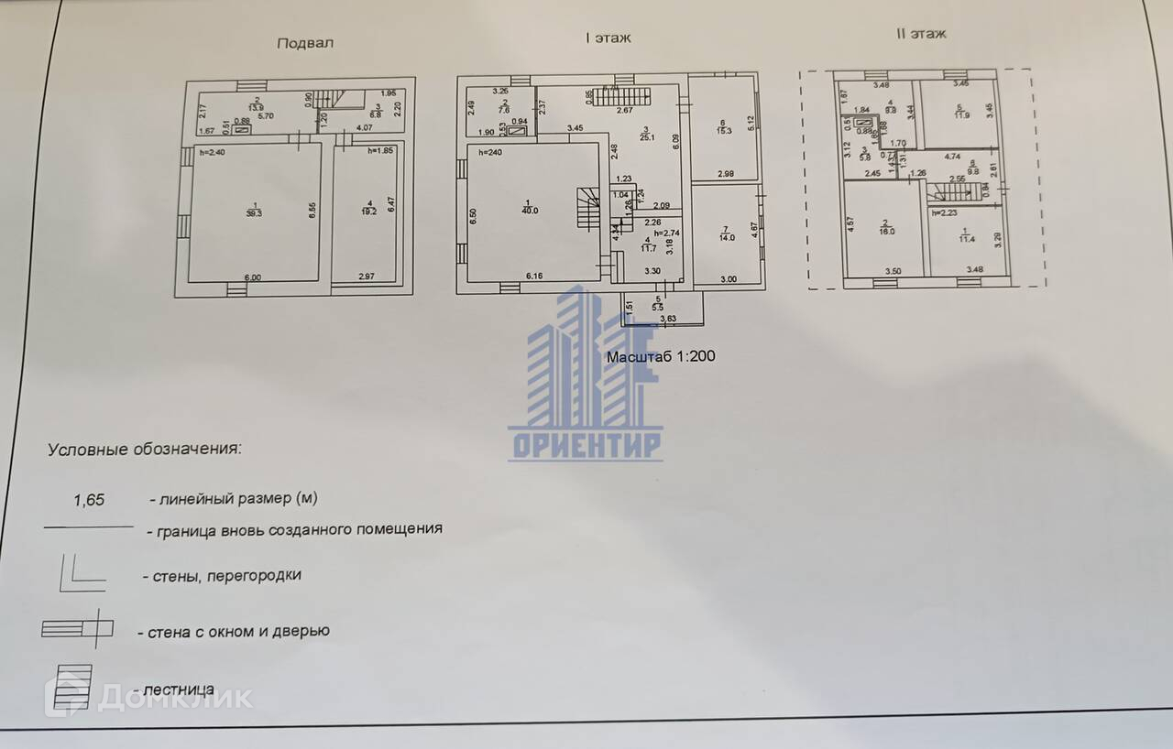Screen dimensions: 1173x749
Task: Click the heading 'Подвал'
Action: click(305, 43)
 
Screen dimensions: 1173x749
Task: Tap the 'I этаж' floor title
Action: click(608, 38)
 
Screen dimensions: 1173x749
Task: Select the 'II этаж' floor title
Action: click(920, 34)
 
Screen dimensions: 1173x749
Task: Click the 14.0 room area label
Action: click(724, 233)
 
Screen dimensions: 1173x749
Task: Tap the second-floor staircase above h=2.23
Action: click(953, 191)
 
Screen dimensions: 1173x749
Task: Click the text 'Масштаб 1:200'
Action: click(660, 356)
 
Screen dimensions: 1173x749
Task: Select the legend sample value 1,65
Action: click(89, 500)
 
